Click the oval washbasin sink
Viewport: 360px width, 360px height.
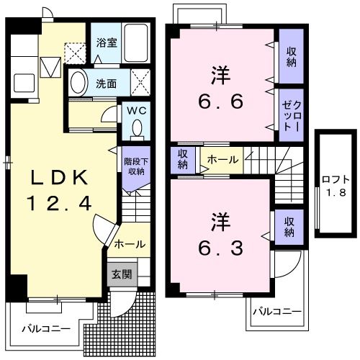click(79, 83)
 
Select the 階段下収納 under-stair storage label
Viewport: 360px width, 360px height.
click(134, 166)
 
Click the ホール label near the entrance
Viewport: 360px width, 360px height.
click(130, 243)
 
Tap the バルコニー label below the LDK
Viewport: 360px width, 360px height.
click(45, 328)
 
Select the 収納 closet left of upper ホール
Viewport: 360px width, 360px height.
click(183, 159)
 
